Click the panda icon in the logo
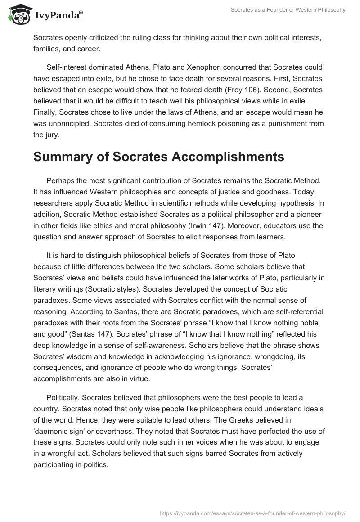pos(18,14)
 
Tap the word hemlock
pos(211,123)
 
